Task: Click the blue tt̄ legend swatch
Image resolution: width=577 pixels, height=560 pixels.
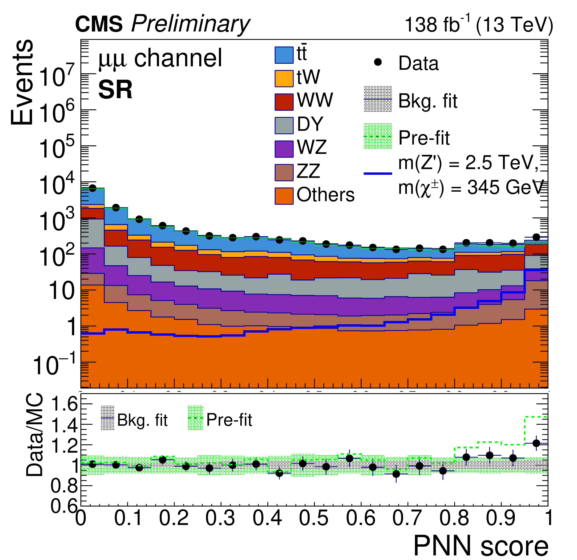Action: point(284,55)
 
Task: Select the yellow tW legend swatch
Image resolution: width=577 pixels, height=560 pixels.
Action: point(284,79)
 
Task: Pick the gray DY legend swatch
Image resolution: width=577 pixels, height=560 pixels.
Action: point(284,125)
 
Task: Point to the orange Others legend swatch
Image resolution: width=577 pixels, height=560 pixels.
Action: point(284,196)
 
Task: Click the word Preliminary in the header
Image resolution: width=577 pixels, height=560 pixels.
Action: point(190,24)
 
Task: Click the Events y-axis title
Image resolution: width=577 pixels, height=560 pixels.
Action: point(22,82)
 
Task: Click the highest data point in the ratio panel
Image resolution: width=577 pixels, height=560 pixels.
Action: point(536,443)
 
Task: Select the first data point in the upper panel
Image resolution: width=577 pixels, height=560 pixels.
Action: point(92,188)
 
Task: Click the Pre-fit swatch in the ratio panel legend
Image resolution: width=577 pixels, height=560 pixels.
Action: point(195,418)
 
